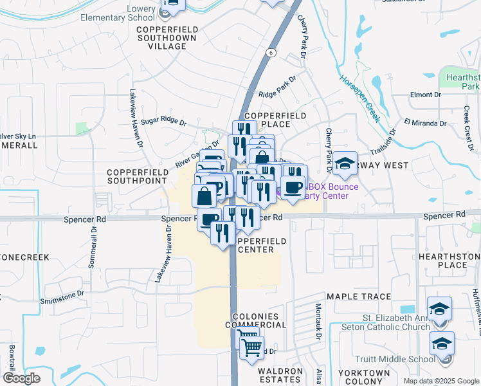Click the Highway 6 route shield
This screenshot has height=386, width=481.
pyautogui.click(x=272, y=52)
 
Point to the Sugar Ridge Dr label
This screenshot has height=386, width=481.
pyautogui.click(x=163, y=122)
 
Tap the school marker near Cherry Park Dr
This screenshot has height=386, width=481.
pyautogui.click(x=345, y=164)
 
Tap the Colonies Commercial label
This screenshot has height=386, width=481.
pyautogui.click(x=255, y=321)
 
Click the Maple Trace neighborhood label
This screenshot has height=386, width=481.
pyautogui.click(x=358, y=297)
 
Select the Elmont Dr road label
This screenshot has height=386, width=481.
pyautogui.click(x=426, y=95)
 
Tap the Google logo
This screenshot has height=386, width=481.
pyautogui.click(x=21, y=378)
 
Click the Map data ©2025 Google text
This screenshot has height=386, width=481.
pyautogui.click(x=440, y=381)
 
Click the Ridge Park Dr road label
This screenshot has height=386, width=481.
pyautogui.click(x=277, y=87)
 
